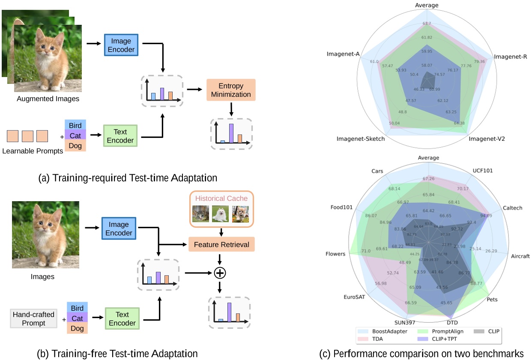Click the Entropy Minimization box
coord(231,90)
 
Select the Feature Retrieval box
coord(221,244)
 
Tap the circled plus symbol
coord(219,272)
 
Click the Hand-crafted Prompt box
coord(33,318)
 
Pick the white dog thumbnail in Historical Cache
coord(221,214)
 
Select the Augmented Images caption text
coord(48,99)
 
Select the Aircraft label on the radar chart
coord(520,256)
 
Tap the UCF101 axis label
coord(482,170)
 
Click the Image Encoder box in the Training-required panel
coord(122,46)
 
